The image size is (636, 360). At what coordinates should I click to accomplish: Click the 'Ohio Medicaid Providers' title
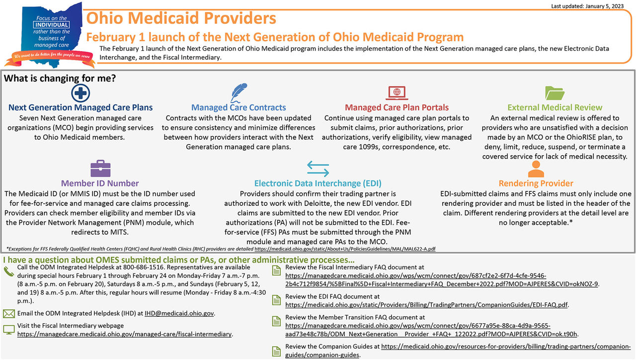tap(181, 19)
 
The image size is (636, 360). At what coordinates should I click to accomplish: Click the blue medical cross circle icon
tap(80, 93)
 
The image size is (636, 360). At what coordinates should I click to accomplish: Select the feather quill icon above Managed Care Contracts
tap(239, 92)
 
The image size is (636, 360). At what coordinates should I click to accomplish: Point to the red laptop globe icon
tap(397, 93)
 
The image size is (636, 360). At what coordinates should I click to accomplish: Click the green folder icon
tap(555, 93)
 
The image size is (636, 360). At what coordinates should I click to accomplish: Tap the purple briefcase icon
tap(100, 169)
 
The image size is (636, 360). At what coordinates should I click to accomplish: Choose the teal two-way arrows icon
tap(318, 169)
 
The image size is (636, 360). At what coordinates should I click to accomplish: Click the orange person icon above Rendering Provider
tap(536, 169)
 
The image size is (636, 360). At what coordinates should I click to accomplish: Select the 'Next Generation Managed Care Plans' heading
tap(80, 107)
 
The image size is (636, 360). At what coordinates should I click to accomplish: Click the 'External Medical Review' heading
tap(555, 107)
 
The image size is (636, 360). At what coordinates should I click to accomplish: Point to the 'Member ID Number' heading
tap(100, 183)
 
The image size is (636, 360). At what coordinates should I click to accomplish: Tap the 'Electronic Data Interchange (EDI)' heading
tap(318, 183)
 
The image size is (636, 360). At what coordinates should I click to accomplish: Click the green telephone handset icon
tap(8, 271)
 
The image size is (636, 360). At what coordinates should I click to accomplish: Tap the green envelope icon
tap(8, 314)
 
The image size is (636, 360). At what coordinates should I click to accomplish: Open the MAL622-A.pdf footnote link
tap(345, 248)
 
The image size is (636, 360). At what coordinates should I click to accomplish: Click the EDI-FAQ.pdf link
tap(427, 305)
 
